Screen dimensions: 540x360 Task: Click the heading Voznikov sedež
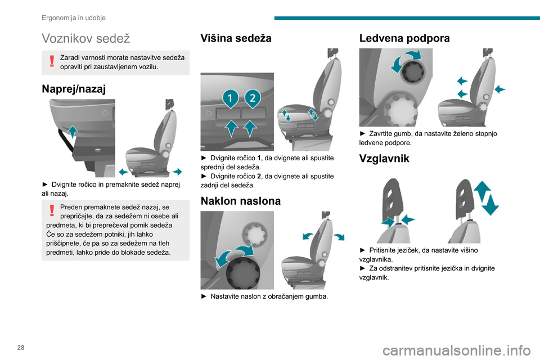tap(85, 38)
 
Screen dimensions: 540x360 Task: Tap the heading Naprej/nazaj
tap(74, 89)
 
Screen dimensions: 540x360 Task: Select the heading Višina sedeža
tap(236, 38)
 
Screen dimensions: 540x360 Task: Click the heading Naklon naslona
tap(241, 201)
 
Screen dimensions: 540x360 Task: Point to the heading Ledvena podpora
tap(404, 38)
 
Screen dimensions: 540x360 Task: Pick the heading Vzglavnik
tap(384, 159)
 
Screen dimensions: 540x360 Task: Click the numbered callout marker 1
tap(231, 98)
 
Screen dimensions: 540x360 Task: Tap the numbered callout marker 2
tap(253, 98)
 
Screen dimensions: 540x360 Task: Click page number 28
tap(21, 348)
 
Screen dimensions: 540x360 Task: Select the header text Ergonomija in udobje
tap(74, 17)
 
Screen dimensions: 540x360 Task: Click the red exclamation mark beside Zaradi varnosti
tap(52, 61)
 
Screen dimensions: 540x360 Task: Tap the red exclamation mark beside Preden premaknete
tap(52, 210)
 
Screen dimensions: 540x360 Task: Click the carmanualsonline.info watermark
tap(457, 350)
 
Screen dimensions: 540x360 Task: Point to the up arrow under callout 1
tap(232, 128)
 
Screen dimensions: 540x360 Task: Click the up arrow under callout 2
tap(250, 128)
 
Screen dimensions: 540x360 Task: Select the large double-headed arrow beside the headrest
tap(486, 198)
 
